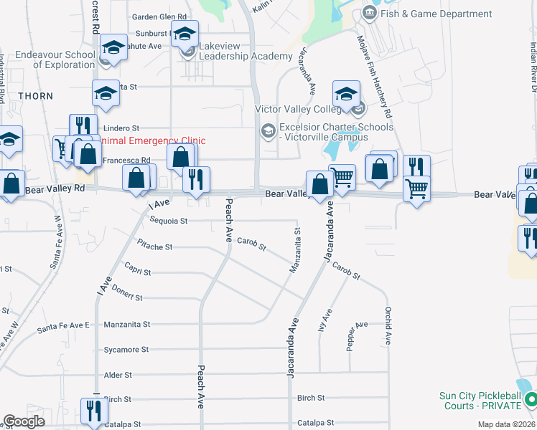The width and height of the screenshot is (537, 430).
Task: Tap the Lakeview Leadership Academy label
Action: click(245, 51)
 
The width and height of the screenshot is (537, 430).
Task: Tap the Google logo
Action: click(24, 421)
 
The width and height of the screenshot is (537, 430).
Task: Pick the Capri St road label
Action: click(137, 272)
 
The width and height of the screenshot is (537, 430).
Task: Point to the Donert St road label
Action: click(128, 297)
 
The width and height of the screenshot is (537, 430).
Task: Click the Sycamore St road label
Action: click(126, 350)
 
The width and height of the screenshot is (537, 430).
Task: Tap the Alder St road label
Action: click(118, 375)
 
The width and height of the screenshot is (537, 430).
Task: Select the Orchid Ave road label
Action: click(388, 327)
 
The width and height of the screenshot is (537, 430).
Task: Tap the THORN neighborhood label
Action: click(36, 95)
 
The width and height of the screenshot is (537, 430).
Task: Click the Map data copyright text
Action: click(507, 424)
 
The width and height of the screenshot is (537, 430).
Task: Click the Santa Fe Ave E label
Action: click(63, 326)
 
